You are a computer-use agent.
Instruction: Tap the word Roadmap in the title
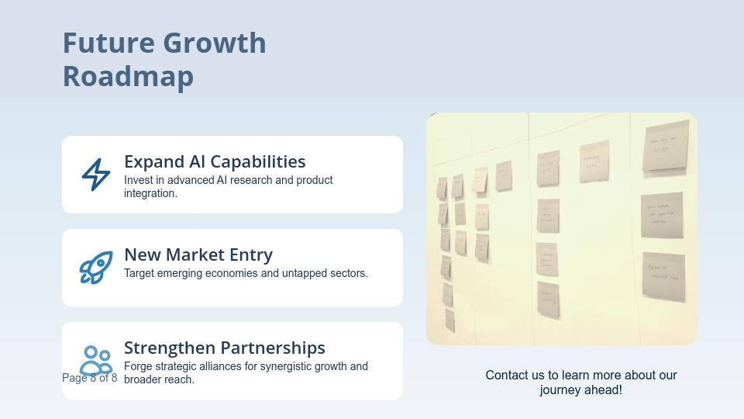coord(128,77)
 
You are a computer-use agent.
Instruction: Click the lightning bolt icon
coord(96,175)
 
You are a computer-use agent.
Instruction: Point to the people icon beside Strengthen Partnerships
coord(96,360)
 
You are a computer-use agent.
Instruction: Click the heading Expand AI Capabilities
coord(215,161)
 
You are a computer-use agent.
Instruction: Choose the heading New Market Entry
coord(198,255)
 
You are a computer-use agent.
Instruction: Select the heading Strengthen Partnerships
coord(225,348)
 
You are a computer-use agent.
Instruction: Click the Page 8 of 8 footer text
coord(90,378)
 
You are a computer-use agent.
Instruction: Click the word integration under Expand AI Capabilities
coord(149,193)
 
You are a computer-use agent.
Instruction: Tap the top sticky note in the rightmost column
coord(665,145)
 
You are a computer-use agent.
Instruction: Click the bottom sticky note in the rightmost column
coord(663,276)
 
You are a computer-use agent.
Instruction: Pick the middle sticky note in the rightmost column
coord(662,215)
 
